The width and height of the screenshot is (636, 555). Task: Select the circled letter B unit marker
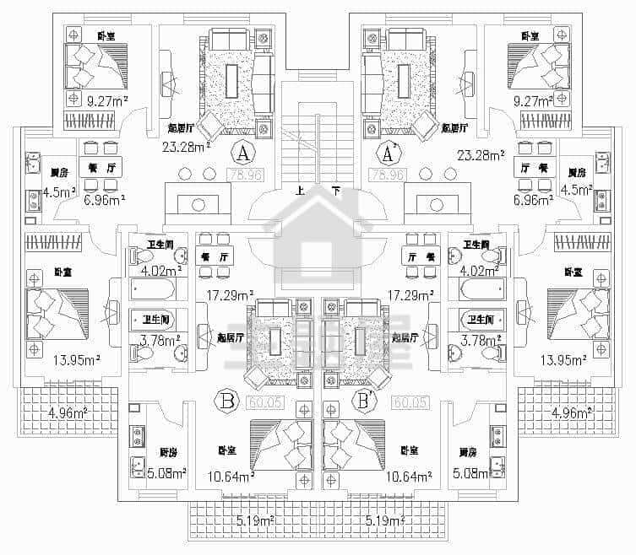226,400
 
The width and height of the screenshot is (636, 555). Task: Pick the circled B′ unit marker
366,400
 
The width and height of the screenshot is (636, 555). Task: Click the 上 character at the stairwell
300,191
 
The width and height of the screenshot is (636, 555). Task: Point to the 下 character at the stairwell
337,191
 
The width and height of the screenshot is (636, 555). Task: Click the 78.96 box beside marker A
243,176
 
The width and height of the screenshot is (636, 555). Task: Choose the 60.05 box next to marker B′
409,401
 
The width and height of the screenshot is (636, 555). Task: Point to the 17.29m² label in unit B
230,296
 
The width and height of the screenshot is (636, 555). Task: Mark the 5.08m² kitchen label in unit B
166,472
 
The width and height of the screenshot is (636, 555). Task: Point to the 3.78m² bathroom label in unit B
160,340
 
